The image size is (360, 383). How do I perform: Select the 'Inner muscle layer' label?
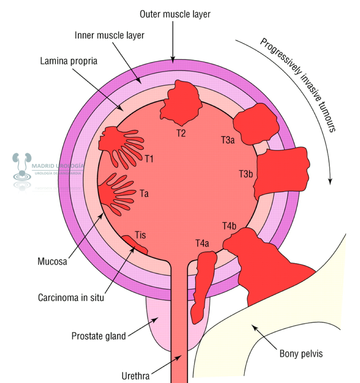pos(109,35)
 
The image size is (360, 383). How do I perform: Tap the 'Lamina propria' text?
pos(68,61)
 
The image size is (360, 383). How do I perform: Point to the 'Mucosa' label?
pos(52,261)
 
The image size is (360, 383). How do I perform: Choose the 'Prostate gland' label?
pos(99,336)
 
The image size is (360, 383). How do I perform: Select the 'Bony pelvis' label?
pos(301,353)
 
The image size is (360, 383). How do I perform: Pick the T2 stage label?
pos(181,134)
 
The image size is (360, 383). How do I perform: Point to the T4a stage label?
pos(202,244)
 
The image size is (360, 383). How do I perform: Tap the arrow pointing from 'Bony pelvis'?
pos(263,334)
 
